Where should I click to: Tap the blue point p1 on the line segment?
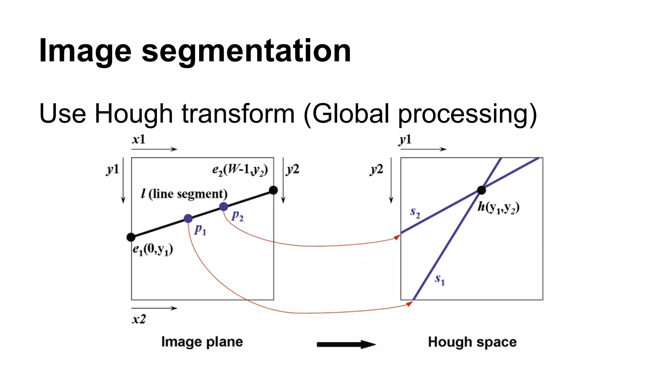point(188,219)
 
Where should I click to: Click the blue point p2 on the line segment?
point(223,207)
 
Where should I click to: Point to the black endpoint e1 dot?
point(131,237)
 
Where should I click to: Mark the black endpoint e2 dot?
point(273,190)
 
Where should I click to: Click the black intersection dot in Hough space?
point(481,190)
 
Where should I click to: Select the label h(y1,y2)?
point(498,208)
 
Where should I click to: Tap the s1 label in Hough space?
point(440,279)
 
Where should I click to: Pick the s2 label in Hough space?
point(415,212)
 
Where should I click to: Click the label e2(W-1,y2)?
point(240,170)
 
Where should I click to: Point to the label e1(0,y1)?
point(153,250)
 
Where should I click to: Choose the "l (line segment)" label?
point(184,194)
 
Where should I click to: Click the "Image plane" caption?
point(202,342)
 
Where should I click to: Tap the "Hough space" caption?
point(472,342)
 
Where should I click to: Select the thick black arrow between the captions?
point(346,344)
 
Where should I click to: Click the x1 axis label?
point(139,140)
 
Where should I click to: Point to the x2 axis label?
point(139,319)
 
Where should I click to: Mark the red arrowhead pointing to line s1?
point(409,304)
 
